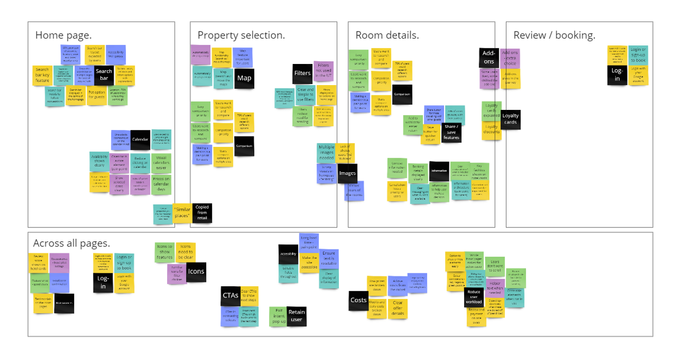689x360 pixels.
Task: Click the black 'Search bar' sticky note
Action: (104, 75)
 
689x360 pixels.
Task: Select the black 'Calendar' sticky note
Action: (140, 140)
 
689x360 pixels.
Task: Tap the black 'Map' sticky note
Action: (244, 78)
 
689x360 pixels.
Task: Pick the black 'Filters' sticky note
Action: (303, 74)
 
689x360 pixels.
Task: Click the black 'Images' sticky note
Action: (347, 174)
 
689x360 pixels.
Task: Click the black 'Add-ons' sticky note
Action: (488, 57)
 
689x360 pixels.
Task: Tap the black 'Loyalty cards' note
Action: (511, 120)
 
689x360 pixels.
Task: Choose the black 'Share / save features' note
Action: (451, 133)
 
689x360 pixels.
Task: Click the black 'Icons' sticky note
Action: (196, 272)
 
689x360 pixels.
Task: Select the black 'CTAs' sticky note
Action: (230, 296)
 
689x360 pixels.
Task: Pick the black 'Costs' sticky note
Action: (358, 300)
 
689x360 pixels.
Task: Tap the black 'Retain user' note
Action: (297, 316)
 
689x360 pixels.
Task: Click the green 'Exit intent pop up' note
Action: (278, 316)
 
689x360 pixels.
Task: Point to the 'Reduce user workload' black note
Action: (473, 298)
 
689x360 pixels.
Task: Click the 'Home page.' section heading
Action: (63, 36)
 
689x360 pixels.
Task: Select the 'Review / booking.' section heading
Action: (554, 36)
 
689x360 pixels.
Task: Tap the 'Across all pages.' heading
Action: (72, 243)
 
